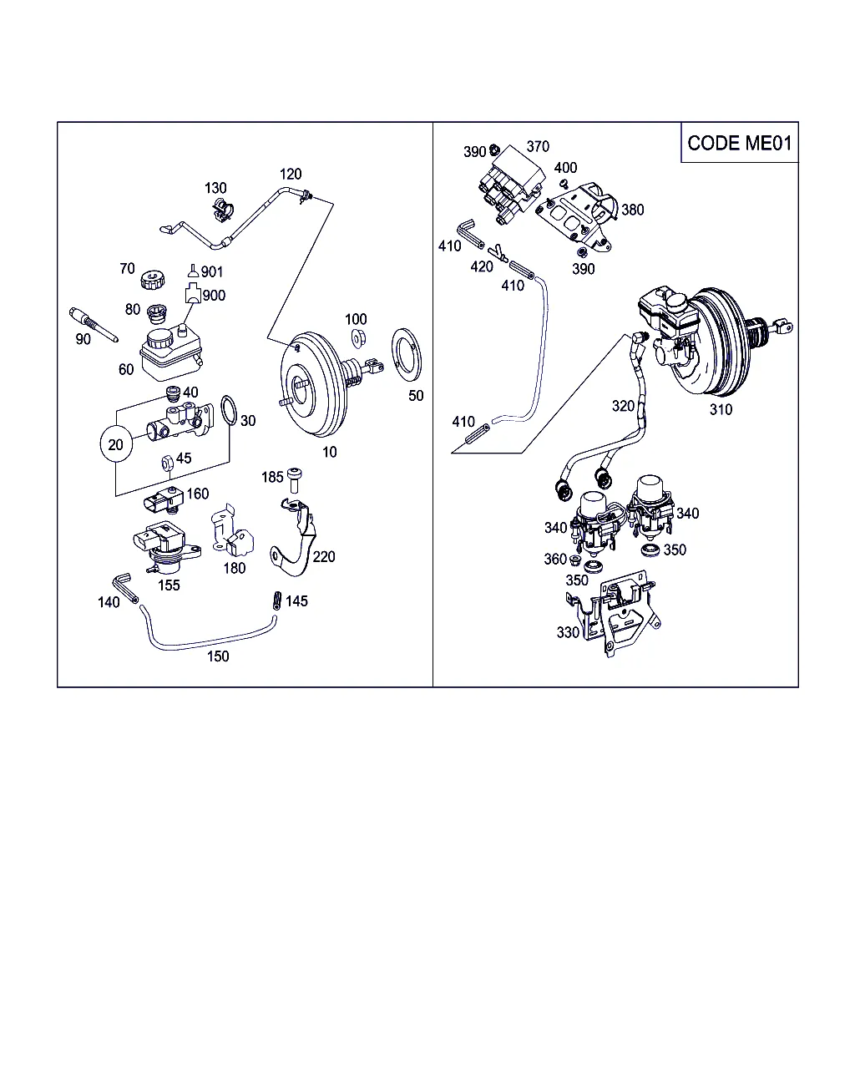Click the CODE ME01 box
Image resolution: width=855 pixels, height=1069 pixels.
click(x=739, y=143)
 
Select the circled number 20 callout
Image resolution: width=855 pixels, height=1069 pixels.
click(x=115, y=444)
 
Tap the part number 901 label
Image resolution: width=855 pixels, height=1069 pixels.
click(x=212, y=271)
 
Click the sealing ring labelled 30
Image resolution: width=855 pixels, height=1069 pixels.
click(x=227, y=412)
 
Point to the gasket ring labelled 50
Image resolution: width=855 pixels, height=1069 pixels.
click(x=407, y=356)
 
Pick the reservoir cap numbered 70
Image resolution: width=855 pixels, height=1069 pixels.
click(x=151, y=280)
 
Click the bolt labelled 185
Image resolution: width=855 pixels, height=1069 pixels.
click(x=295, y=480)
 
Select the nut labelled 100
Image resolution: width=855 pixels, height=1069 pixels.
click(x=357, y=338)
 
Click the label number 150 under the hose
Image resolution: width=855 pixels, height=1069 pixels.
click(x=217, y=656)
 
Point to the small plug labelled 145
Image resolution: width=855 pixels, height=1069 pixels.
click(x=276, y=600)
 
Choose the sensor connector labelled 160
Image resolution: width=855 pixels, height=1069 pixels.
click(x=161, y=502)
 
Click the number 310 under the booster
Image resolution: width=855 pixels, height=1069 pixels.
click(x=721, y=409)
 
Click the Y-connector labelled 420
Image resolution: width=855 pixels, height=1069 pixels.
click(x=498, y=252)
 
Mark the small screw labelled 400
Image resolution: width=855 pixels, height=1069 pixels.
click(x=564, y=183)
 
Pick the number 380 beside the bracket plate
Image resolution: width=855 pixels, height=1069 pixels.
click(x=633, y=210)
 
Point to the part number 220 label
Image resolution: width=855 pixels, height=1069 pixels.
click(x=324, y=556)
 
